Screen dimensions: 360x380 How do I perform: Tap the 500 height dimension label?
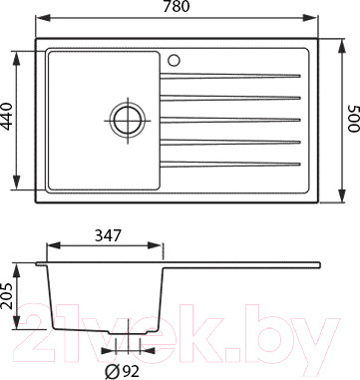pos(353,119)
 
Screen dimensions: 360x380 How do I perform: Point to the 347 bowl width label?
pos(108,235)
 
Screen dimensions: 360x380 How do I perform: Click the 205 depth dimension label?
pos(6,295)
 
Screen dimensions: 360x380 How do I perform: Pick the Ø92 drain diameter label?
pos(122,372)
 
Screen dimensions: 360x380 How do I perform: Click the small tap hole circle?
pos(174,61)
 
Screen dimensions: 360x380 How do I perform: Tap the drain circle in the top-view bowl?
pos(128,121)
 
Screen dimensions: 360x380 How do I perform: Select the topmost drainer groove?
pos(230,77)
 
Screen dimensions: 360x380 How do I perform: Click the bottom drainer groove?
pos(230,164)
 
